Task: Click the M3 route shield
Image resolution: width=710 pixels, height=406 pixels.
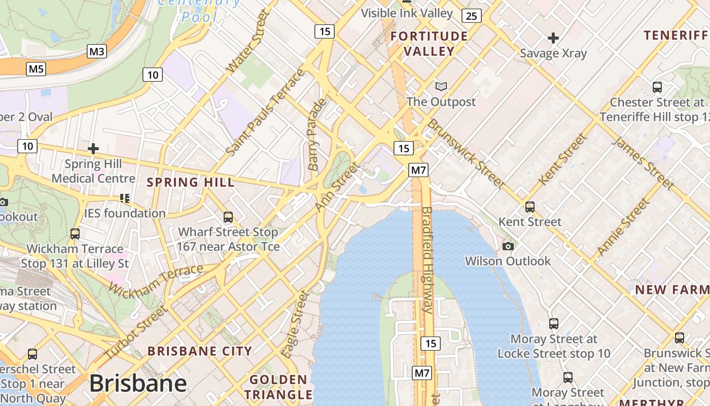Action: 96,51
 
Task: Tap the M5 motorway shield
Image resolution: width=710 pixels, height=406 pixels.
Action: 36,69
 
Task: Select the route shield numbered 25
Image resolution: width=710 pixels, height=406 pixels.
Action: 471,16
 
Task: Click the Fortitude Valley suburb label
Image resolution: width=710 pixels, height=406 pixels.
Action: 429,44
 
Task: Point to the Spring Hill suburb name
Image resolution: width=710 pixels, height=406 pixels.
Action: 191,182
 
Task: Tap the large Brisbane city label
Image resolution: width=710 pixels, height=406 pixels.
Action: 138,384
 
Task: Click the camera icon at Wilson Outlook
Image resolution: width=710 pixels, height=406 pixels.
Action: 508,247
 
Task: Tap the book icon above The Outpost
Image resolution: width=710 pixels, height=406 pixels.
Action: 441,87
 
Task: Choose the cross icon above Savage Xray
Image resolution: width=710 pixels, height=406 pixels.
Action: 553,38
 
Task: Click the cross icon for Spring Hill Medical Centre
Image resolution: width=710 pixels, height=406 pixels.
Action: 93,149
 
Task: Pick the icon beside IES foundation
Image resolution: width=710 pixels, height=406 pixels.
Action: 125,198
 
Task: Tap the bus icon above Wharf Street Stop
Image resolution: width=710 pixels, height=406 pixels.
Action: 228,217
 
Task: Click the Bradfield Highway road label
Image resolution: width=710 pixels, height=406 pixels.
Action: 427,260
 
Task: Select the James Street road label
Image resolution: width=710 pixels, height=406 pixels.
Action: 643,162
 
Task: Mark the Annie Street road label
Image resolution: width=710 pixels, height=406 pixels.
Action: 623,227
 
